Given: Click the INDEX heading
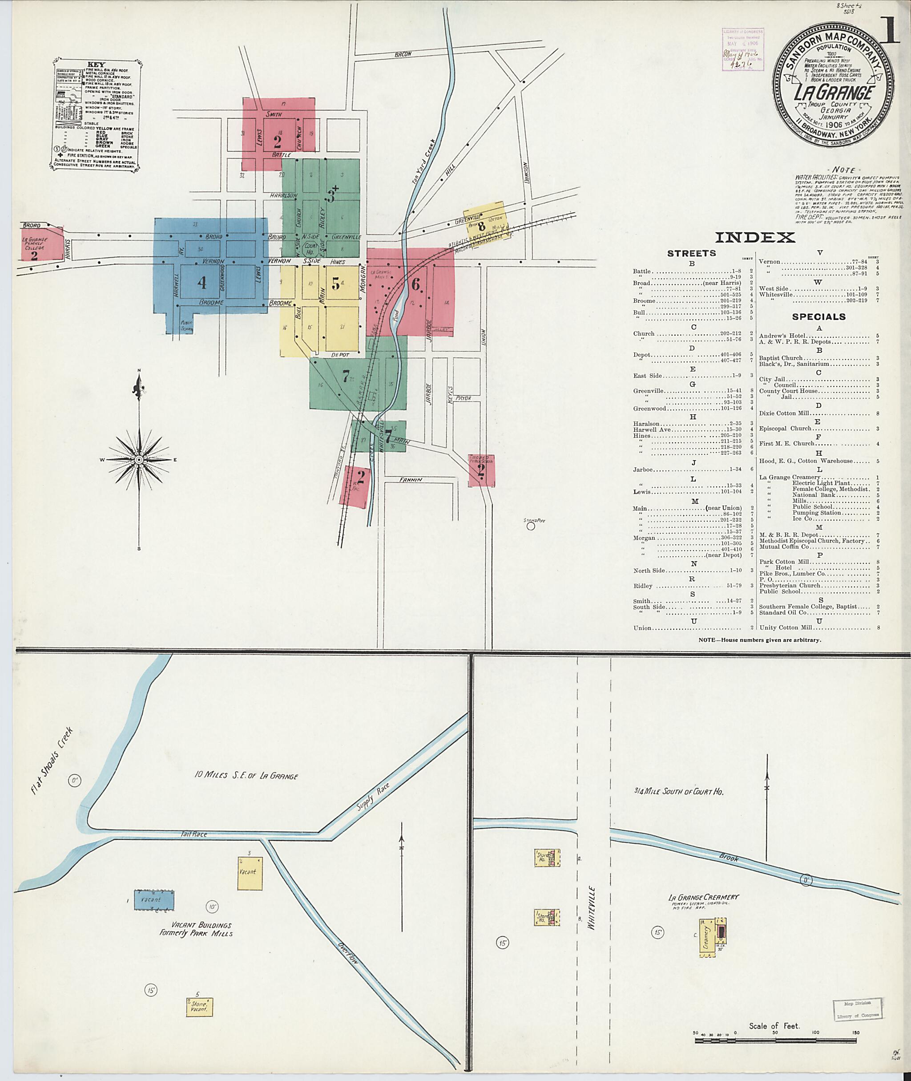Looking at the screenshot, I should (754, 237).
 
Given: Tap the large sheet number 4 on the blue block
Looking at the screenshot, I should (202, 283).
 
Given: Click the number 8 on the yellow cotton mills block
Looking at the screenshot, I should (481, 227).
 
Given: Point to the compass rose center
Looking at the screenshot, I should (139, 459).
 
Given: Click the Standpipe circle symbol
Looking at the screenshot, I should (530, 526).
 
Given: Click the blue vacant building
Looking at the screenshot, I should (154, 899).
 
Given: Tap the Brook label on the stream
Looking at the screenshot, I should (729, 858).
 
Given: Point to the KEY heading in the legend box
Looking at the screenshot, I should (96, 65).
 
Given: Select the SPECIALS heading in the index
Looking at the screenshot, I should (819, 317).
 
